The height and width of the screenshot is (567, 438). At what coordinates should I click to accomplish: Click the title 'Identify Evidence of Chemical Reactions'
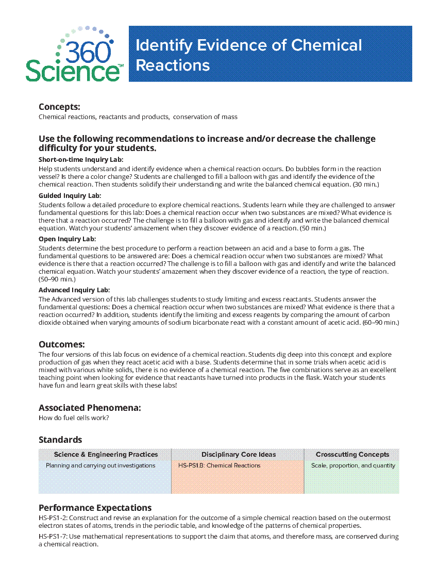coord(248,55)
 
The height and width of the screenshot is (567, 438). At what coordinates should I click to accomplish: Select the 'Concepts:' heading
coord(59,107)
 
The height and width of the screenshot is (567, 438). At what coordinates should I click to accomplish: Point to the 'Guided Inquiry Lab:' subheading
coord(70,195)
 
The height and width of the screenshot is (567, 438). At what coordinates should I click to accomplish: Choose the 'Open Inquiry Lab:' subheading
coord(67,239)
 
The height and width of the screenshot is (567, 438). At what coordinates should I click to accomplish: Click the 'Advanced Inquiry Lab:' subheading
coord(74,290)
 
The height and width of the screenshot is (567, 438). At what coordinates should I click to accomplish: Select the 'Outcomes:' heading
coord(61,344)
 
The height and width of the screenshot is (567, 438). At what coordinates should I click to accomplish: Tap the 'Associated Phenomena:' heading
coord(90,408)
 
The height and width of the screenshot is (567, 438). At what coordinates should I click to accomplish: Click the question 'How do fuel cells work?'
coord(74,418)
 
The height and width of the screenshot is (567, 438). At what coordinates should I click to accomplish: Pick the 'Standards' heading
coord(60,440)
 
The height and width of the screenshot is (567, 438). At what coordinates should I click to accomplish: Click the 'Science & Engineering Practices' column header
coord(106,455)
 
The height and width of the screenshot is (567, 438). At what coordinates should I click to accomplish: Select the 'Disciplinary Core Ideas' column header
coord(239,455)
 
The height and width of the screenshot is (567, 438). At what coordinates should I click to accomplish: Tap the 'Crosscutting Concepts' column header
coord(352,455)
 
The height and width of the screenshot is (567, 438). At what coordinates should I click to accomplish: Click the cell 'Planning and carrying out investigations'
coord(100,465)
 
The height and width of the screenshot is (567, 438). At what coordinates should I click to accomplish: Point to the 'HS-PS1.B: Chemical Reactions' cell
coord(219,465)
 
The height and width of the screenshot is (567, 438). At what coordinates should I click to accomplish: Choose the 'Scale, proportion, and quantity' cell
coord(353,465)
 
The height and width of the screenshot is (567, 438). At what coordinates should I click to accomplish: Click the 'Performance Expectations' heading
coord(95,508)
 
